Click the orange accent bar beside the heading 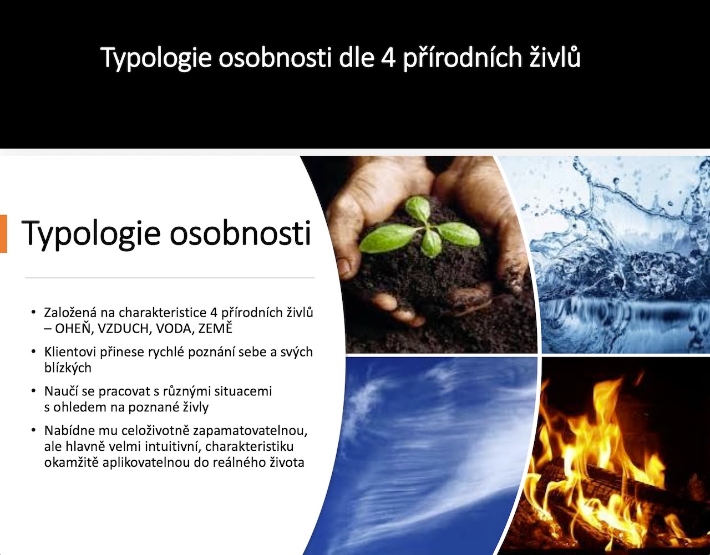tap(3, 234)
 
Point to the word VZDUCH tap(124, 329)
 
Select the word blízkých tap(68, 368)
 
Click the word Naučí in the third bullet tap(60, 391)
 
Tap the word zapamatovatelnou tap(250, 431)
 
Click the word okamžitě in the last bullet tap(71, 462)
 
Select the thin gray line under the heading tap(170, 278)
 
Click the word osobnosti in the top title tap(275, 58)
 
